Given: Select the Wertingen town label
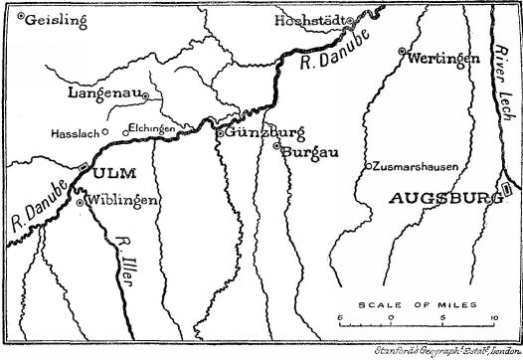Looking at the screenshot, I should click(x=439, y=58).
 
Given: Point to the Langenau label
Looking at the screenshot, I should click(x=103, y=92).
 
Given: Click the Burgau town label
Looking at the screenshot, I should click(x=306, y=152).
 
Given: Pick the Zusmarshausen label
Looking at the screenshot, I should click(x=416, y=167).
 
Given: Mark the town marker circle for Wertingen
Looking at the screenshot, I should click(x=402, y=51).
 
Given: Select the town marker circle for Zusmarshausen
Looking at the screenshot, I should click(x=367, y=166).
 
